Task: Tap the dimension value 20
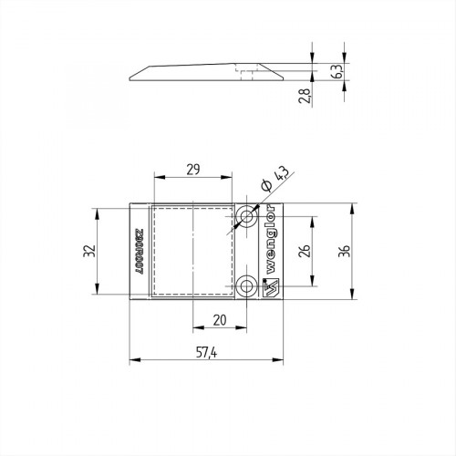coord(220,320)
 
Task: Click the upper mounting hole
coord(246,217)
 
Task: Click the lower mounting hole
coord(246,287)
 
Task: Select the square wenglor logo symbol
coord(271,287)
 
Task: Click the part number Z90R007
coord(139,250)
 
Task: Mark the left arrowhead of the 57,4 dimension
coord(133,358)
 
